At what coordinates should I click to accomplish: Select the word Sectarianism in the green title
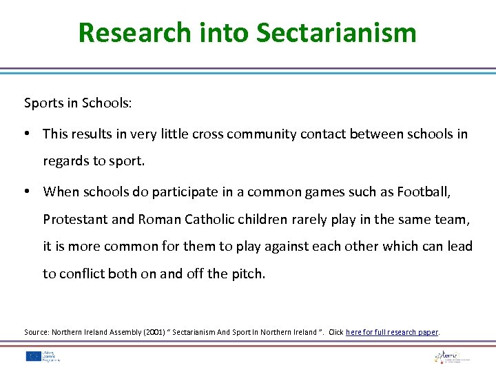click(x=336, y=32)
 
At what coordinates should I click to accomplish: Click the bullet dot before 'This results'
click(x=31, y=134)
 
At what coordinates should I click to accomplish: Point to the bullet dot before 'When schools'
click(x=31, y=192)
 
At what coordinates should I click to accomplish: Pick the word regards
click(x=65, y=161)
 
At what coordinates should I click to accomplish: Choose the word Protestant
click(x=73, y=219)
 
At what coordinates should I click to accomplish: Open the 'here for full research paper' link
click(x=392, y=332)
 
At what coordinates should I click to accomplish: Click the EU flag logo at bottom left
click(x=34, y=356)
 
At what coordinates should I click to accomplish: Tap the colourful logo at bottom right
click(x=451, y=356)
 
